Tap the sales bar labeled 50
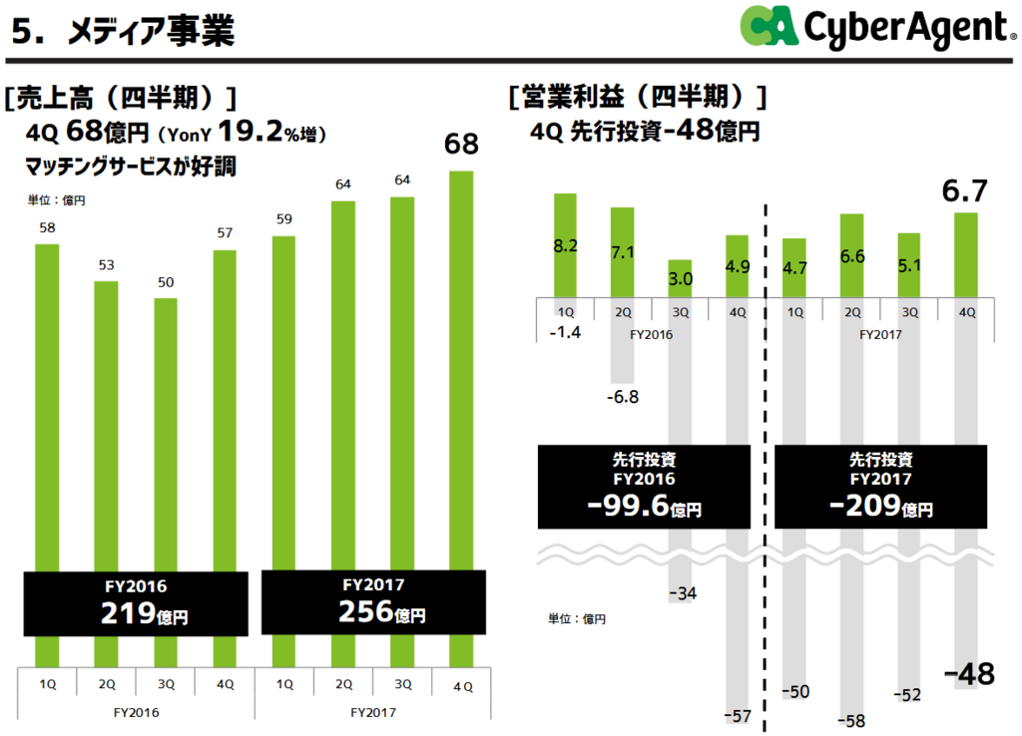point(166,429)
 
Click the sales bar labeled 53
point(107,419)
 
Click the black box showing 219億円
point(134,602)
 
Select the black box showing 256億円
point(373,601)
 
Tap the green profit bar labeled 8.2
point(566,244)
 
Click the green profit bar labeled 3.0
point(680,278)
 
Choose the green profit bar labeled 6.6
point(852,255)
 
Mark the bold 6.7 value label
point(965,193)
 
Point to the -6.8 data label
point(622,397)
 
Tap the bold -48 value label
point(968,674)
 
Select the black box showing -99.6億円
point(644,487)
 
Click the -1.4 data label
point(565,330)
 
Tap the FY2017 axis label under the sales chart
point(373,712)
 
